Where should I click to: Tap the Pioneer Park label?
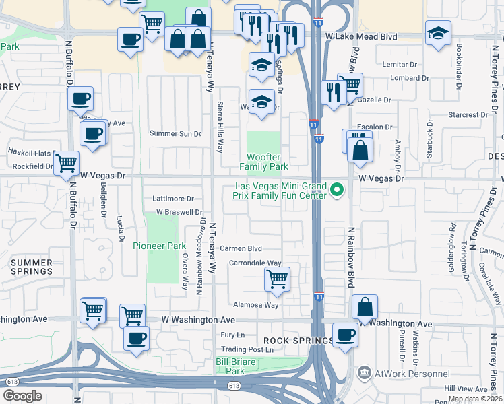(x=158, y=246)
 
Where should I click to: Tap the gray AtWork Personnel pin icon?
(x=365, y=372)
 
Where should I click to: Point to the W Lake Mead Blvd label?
(x=352, y=36)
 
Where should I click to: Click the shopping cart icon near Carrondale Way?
(x=278, y=277)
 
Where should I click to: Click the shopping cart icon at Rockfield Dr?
(x=66, y=162)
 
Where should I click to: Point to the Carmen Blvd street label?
(x=245, y=248)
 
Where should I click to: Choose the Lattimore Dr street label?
(x=173, y=199)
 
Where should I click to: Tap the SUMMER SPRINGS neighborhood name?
(x=31, y=267)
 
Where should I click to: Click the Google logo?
(x=23, y=396)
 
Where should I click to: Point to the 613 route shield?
(x=234, y=386)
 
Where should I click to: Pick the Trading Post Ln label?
(x=248, y=349)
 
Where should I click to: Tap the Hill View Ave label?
(x=466, y=389)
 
